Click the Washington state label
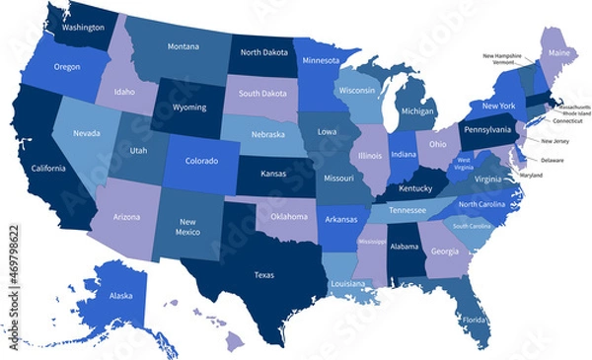click(x=83, y=28)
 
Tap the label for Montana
click(x=183, y=46)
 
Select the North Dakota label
click(x=263, y=52)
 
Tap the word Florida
click(x=475, y=321)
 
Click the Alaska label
click(x=120, y=295)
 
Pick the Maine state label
click(x=558, y=52)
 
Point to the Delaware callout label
click(x=553, y=159)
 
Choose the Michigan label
click(x=417, y=111)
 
